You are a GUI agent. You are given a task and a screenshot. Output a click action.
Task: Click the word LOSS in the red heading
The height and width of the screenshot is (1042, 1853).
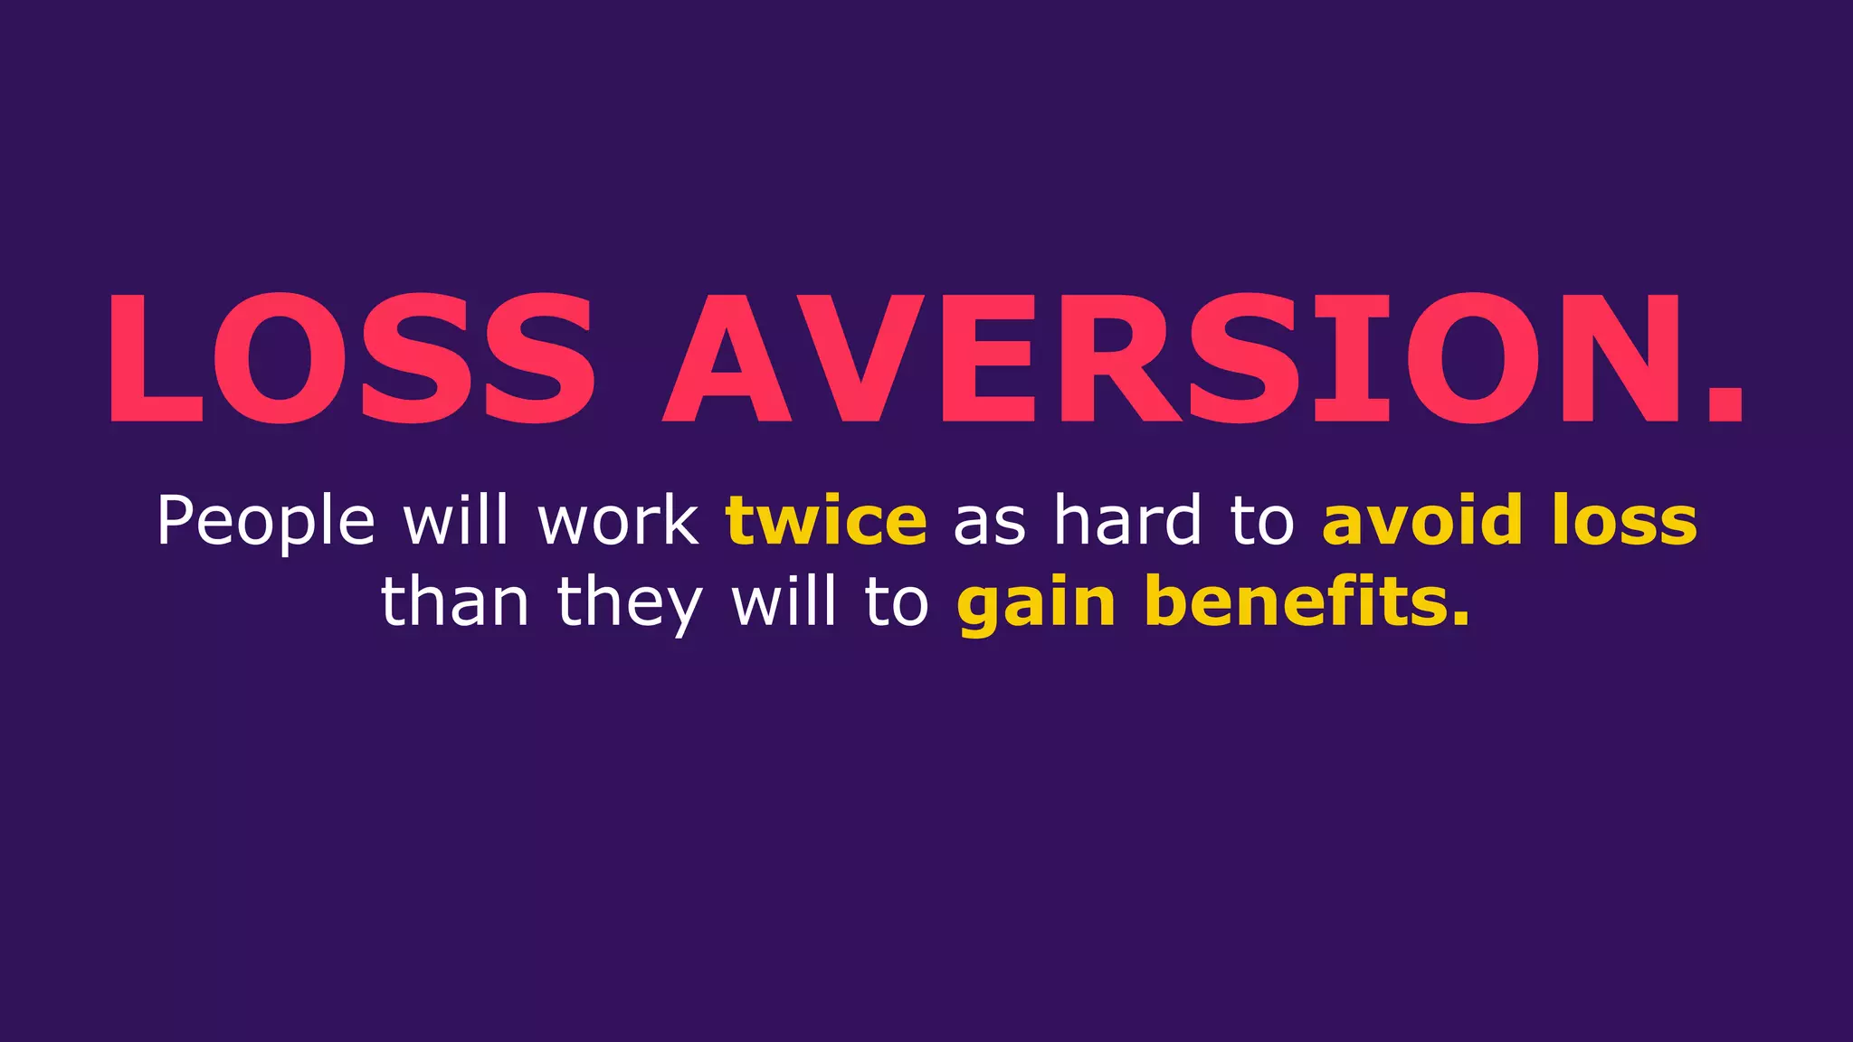click(351, 358)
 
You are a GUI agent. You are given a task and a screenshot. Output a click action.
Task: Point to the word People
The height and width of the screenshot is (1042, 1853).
click(265, 522)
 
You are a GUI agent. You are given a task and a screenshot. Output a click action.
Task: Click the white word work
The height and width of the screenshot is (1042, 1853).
click(618, 522)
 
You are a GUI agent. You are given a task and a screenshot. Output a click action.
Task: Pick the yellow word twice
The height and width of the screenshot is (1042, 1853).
click(826, 522)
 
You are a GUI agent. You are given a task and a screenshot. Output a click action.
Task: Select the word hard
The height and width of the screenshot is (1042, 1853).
click(1127, 520)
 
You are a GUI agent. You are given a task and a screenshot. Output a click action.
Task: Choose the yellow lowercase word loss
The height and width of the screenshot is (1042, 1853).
click(1625, 522)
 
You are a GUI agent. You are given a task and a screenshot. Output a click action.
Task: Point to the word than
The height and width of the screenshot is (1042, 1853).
click(454, 602)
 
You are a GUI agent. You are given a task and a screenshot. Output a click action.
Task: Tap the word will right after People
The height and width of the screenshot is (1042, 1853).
click(456, 520)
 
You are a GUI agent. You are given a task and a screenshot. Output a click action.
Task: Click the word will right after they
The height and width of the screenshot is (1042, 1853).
click(784, 602)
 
